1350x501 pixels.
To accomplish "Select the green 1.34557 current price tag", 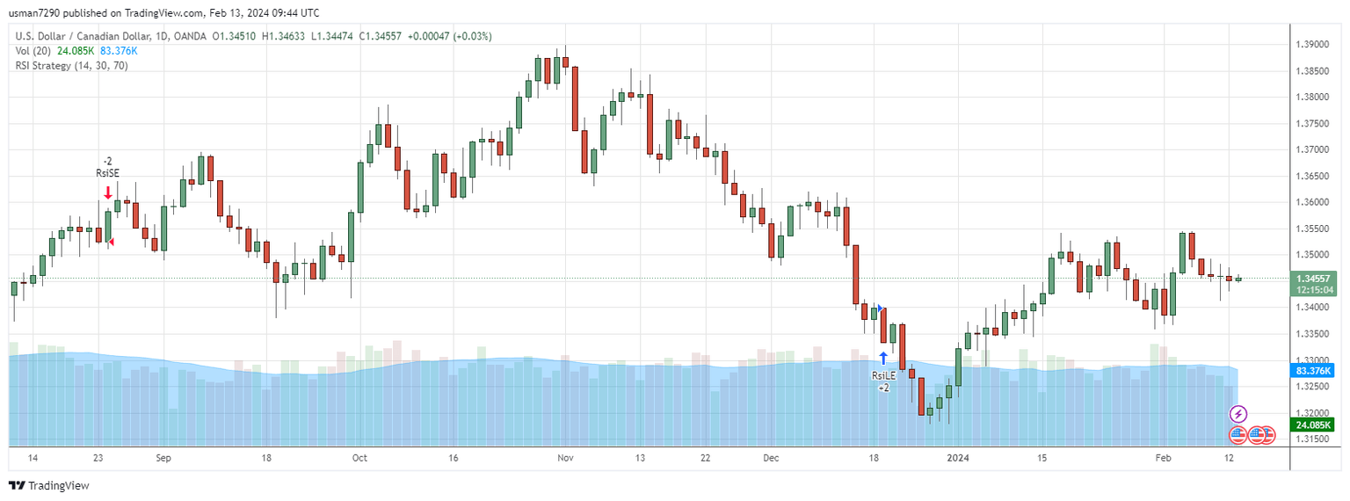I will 1316,279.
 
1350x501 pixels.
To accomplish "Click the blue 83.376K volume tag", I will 1316,371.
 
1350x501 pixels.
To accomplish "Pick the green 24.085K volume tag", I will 1316,425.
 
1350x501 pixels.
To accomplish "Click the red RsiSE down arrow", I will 107,192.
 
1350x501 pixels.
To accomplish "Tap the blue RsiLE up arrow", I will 882,358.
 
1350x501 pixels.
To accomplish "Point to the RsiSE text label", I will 107,173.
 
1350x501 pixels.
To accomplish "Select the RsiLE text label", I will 883,375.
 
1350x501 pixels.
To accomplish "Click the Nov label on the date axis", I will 565,458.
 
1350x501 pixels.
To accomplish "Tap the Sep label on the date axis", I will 163,458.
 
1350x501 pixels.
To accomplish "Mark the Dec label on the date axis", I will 771,458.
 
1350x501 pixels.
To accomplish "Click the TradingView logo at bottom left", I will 49,485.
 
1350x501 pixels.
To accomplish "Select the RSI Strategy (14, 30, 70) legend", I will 71,66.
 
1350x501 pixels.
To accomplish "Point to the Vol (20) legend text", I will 34,51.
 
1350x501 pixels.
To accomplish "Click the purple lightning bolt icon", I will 1238,413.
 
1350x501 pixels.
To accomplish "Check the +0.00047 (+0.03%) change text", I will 450,36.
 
